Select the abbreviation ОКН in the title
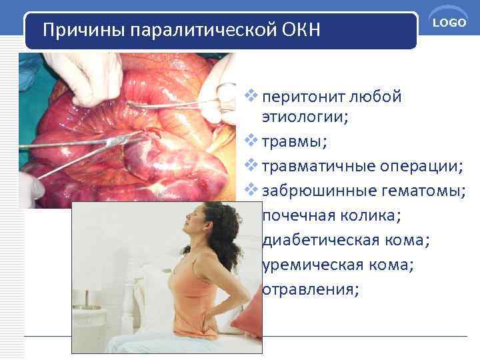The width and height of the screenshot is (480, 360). point(303,31)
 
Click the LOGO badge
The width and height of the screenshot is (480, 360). point(449,23)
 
